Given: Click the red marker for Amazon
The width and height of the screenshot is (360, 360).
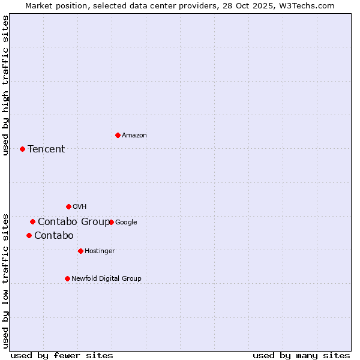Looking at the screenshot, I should click(118, 135).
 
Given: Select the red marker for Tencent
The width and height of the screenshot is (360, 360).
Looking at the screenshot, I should click(22, 149).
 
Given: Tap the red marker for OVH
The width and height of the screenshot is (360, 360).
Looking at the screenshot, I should click(68, 206).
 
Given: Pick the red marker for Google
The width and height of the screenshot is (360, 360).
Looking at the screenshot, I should click(111, 222).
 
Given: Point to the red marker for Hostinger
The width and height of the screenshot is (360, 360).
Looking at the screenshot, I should click(80, 251).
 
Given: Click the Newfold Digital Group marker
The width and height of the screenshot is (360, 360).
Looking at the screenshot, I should click(67, 278).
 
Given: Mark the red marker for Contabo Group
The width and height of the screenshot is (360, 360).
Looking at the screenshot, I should click(32, 221).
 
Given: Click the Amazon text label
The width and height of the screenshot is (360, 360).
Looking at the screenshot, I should click(134, 136).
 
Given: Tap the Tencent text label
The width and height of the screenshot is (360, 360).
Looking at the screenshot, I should click(46, 149).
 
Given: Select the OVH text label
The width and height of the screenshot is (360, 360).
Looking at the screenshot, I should click(80, 207).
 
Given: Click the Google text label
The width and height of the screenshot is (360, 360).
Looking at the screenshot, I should click(126, 223).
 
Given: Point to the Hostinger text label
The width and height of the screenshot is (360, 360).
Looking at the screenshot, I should click(100, 251).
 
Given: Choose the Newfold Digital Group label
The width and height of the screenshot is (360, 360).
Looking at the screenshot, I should click(106, 279).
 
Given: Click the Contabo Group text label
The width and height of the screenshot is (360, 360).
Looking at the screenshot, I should click(74, 222).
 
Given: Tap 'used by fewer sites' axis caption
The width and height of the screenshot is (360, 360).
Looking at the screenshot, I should click(62, 355).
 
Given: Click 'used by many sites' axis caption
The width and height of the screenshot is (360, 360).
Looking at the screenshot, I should click(301, 355).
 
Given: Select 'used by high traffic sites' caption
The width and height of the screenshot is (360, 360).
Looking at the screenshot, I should click(6, 85).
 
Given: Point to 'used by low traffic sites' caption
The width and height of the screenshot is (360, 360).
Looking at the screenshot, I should click(6, 280).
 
